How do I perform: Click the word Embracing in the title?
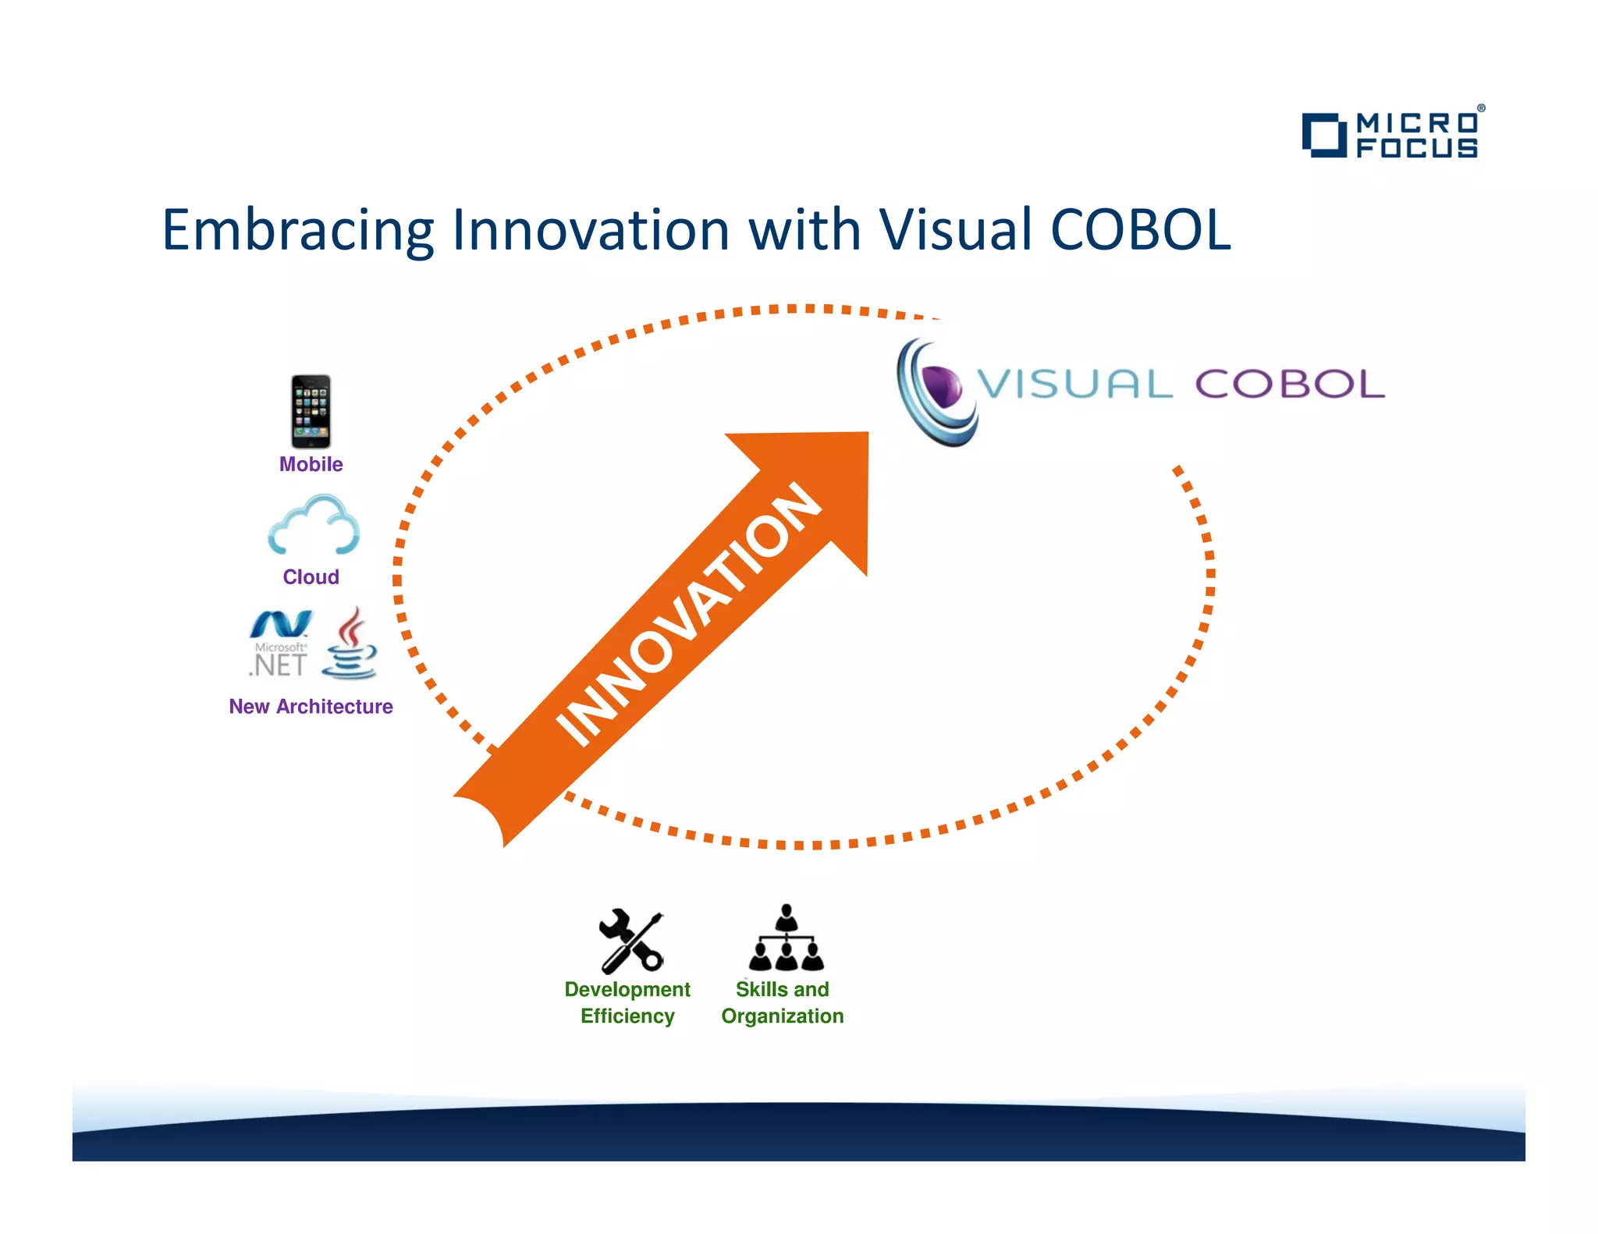tap(297, 231)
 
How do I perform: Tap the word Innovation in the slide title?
tap(590, 231)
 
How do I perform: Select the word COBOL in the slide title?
tap(1140, 231)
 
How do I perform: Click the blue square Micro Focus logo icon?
tap(1323, 135)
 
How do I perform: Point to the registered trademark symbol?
tap(1480, 109)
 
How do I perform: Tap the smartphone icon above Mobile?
tap(311, 411)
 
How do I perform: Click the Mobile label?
tap(311, 464)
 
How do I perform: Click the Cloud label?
tap(311, 576)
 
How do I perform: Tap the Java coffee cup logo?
tap(350, 644)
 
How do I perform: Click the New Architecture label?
tap(311, 706)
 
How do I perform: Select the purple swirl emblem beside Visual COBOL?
tap(936, 392)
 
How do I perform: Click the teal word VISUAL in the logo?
tap(1074, 384)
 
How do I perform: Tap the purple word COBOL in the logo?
tap(1289, 384)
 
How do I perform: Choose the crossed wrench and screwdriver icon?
tap(630, 941)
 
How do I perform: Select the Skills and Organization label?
tap(782, 1002)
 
